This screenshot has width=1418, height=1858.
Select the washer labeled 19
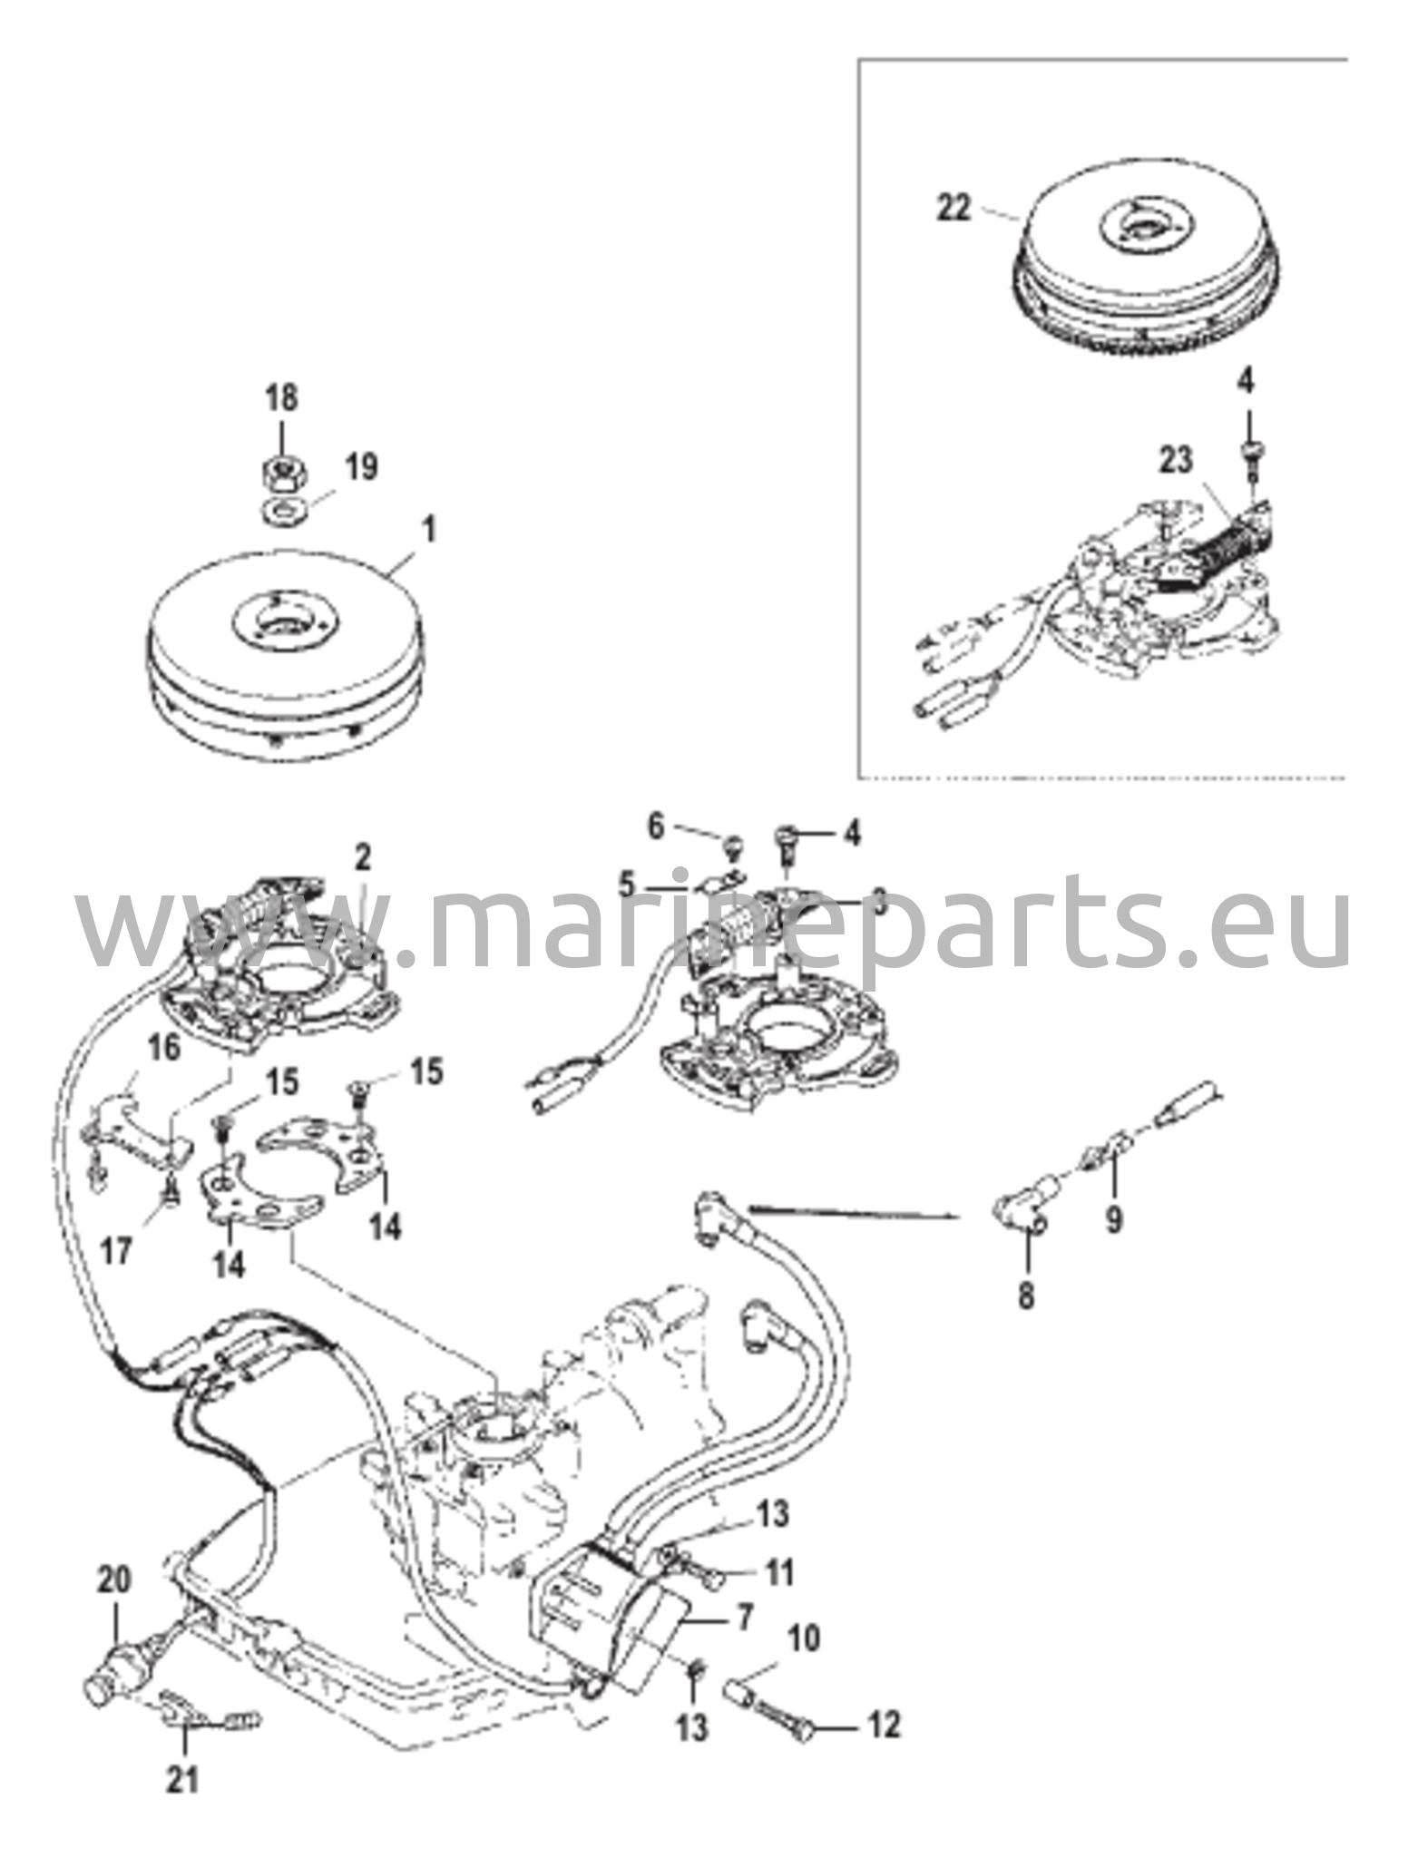click(x=284, y=508)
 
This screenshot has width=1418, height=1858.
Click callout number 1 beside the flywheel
click(x=429, y=531)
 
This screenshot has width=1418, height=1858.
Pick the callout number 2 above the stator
click(x=363, y=856)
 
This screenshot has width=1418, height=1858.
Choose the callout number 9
click(x=1113, y=1218)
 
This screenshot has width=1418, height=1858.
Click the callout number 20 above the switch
click(x=115, y=1582)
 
